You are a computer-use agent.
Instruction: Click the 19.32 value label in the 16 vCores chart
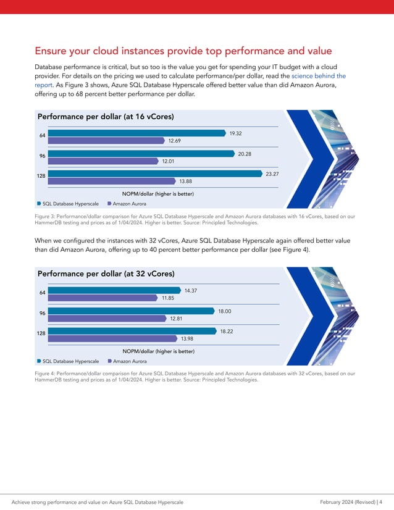(235, 133)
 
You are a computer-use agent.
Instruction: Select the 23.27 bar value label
(272, 175)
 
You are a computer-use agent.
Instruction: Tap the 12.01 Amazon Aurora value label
(168, 161)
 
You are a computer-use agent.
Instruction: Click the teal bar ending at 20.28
(136, 154)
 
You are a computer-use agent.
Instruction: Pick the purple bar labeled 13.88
(111, 182)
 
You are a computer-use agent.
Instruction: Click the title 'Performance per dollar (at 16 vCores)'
(106, 117)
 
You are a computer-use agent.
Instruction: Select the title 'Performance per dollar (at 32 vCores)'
(106, 274)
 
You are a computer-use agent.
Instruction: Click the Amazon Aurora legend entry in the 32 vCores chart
(127, 361)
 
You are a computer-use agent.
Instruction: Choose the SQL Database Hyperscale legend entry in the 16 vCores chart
(68, 203)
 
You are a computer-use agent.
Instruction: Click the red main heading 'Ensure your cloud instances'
(183, 51)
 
